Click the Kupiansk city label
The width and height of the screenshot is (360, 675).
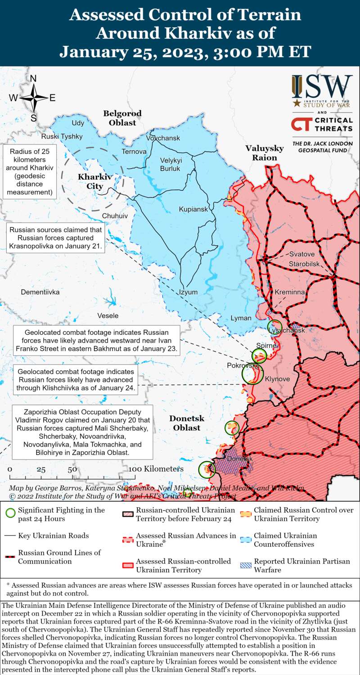point(193,209)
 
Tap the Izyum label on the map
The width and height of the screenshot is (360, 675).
point(188,292)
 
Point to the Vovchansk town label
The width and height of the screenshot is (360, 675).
point(163,138)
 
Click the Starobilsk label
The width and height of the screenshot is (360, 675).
point(304,263)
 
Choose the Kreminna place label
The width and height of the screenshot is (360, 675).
point(290,292)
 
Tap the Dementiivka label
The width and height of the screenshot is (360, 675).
point(40,292)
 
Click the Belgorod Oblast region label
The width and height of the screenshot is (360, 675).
point(122,118)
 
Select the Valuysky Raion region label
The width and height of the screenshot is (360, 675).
point(264,153)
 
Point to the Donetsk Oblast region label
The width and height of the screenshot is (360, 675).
point(187,423)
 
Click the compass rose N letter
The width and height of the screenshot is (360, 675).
point(33,79)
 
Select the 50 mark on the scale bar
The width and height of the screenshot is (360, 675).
point(72,469)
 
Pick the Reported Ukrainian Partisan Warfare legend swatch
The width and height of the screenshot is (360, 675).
point(246,565)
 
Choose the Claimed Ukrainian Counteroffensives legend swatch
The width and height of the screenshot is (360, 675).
point(246,540)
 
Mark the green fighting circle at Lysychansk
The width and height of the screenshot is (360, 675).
point(274,327)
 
